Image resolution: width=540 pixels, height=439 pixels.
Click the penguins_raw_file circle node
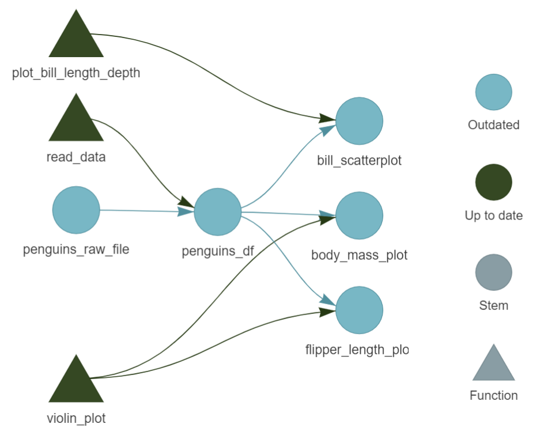pos(76,210)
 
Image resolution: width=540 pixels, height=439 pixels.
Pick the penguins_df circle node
pos(217,212)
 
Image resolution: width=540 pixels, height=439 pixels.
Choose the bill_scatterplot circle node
pos(359,121)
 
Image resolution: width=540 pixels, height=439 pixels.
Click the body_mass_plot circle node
pos(359,216)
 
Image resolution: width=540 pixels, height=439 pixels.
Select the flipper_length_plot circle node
pos(359,311)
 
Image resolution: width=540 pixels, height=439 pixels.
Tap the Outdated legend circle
pos(493,92)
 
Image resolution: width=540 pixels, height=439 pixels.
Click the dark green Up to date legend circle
pos(493,183)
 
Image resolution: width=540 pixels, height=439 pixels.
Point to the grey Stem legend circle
pos(493,273)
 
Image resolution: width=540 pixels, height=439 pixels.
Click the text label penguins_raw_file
pos(76,249)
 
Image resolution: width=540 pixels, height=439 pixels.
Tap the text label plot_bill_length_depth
pos(76,73)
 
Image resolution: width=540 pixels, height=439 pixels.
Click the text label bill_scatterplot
pos(359,160)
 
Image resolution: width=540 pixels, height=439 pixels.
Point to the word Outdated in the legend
pos(493,125)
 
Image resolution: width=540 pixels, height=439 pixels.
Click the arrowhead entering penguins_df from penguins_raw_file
pos(186,211)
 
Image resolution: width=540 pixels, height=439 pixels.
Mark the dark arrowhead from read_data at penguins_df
pos(187,202)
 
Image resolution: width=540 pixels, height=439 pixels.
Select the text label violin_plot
pos(76,418)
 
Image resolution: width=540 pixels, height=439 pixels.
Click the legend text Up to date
pos(493,215)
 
